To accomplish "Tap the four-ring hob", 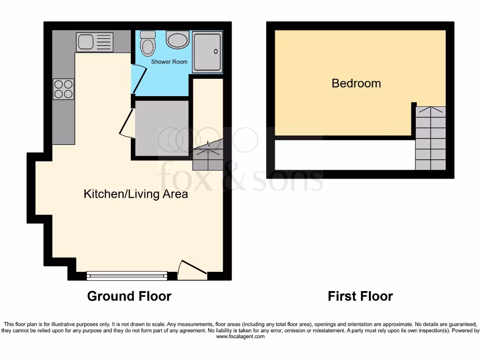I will pos(64,89).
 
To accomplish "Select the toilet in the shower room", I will pos(148,43).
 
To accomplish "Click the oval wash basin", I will pos(178,40).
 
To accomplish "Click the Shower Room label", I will pos(169,62).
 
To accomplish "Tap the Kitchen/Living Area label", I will pos(135,194).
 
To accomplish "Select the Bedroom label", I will pos(356,83).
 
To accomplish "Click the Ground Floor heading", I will pos(129,296).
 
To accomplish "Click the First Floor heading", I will pos(360,296).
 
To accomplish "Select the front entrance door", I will pos(191,269).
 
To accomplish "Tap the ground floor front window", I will pos(127,276).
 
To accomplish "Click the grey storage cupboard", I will pos(162,127).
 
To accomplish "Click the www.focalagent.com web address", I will pos(240,337).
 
